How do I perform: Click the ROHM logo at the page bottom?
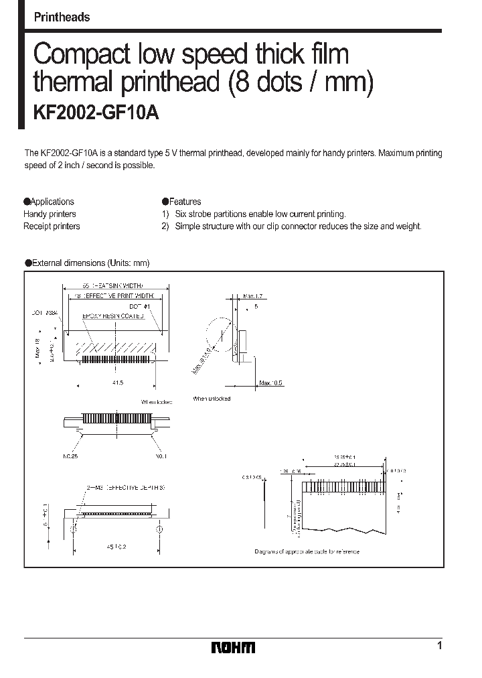click(x=233, y=647)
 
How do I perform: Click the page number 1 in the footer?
click(x=439, y=646)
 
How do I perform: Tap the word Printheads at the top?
click(x=62, y=17)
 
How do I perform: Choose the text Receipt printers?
click(x=52, y=226)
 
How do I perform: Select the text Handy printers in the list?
click(x=50, y=214)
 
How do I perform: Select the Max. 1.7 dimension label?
click(x=254, y=295)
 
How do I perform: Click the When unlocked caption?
click(x=212, y=399)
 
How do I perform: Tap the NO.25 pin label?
click(x=71, y=456)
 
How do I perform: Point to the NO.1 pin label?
click(x=161, y=456)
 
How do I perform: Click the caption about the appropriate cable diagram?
click(x=307, y=551)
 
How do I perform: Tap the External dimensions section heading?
click(x=87, y=263)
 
